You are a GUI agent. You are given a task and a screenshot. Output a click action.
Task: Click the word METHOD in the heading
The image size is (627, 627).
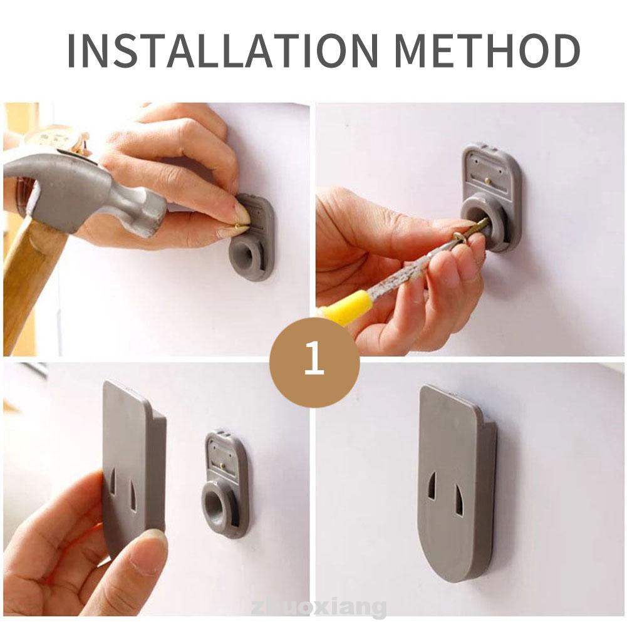(488, 51)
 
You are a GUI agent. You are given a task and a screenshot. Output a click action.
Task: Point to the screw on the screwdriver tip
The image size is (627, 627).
(472, 233)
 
